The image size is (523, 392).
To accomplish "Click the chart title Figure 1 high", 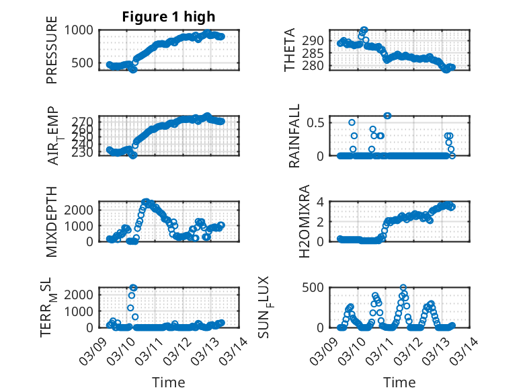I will [x=169, y=17].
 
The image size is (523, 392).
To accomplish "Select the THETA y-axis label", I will [x=290, y=50].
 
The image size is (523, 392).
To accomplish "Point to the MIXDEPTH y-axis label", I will [x=52, y=221].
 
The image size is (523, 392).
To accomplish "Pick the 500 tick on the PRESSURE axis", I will [x=85, y=63].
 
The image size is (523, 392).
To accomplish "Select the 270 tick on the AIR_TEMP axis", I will [x=85, y=121].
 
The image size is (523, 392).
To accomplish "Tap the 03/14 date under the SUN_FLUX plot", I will [x=463, y=351].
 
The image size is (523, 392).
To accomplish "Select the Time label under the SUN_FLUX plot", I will [x=399, y=383].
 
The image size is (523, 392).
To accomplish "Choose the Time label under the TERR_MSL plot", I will [x=169, y=383].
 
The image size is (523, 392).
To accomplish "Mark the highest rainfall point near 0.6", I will [x=387, y=116].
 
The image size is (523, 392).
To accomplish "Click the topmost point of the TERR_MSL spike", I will [x=133, y=288].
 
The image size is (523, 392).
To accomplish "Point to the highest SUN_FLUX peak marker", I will [x=403, y=288].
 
